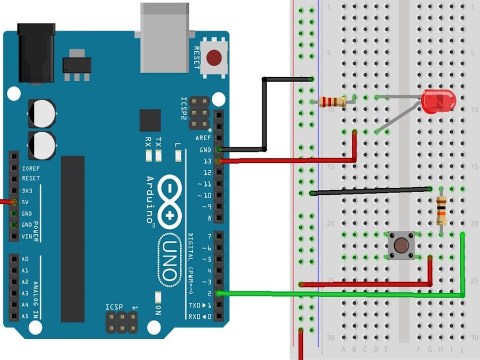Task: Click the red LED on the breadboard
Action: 438,101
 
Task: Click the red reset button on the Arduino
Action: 214,57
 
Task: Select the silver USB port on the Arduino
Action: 165,37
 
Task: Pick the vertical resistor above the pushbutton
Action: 441,210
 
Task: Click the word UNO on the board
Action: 168,262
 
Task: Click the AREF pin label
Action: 203,138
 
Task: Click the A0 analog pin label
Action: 25,259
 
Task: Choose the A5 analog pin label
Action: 25,316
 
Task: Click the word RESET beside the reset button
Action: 196,58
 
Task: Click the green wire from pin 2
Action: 341,294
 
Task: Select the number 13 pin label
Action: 207,161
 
